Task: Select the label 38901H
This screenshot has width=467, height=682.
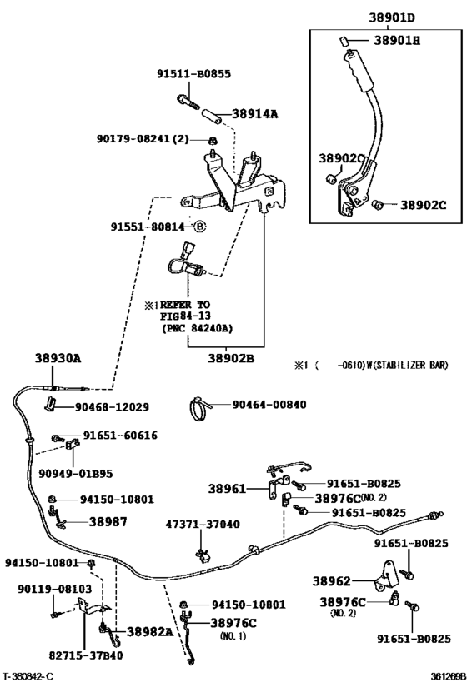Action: tap(399, 40)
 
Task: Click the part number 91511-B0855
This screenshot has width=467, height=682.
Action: tap(193, 73)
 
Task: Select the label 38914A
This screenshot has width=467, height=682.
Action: tap(255, 114)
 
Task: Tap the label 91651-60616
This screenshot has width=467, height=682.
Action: tap(120, 435)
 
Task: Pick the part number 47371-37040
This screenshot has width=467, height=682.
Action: tap(203, 525)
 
